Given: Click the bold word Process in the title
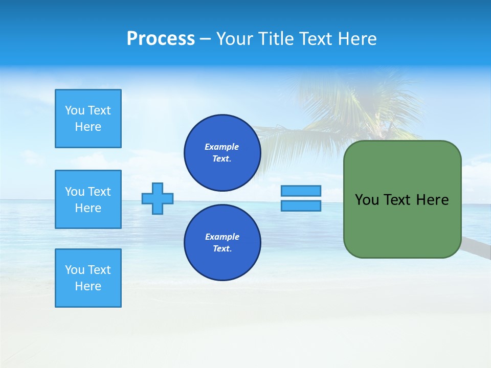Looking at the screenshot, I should point(161,39).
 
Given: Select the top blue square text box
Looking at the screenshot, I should point(88,119).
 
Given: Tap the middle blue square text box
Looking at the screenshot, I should point(88,199).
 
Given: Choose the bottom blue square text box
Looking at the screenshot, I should point(88,278).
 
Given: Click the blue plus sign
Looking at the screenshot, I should point(158,198).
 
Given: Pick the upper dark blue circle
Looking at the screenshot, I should point(222,153).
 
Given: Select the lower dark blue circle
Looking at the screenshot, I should point(222,243).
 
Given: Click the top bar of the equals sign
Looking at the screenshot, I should point(301,191).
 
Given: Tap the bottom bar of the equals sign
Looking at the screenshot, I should point(301,205).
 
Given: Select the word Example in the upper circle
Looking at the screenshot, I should point(222,147).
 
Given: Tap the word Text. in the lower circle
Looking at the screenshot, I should point(222,249).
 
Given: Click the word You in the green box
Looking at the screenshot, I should point(367,200).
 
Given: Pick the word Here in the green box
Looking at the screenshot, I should point(432,200).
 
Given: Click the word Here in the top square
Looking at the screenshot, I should point(88,127).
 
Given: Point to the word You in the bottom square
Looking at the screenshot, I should point(75,270).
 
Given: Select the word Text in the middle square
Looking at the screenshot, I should point(99,192).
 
